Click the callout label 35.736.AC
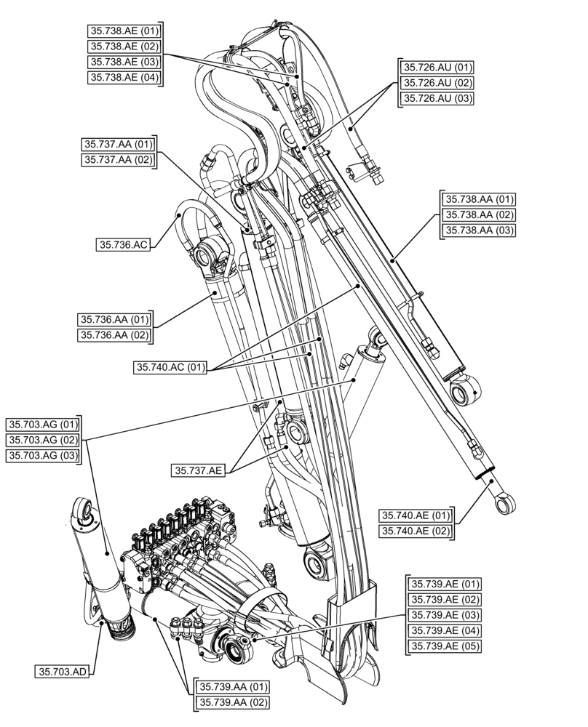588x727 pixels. tap(123, 245)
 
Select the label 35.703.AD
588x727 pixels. tap(62, 671)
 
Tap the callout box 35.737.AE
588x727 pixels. tap(198, 470)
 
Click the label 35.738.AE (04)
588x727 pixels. tap(124, 77)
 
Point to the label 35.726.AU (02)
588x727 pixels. tap(437, 83)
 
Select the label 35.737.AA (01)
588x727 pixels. tap(118, 145)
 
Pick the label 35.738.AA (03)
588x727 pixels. tap(479, 230)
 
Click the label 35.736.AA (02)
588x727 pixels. tap(114, 334)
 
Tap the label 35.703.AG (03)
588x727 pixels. tap(43, 455)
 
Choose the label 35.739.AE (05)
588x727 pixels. tap(445, 646)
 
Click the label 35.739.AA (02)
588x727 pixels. tap(230, 703)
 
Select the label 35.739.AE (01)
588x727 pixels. tap(445, 584)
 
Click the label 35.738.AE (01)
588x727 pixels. tap(124, 31)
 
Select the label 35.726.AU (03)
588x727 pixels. tap(437, 99)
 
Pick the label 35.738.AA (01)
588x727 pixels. tap(479, 198)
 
